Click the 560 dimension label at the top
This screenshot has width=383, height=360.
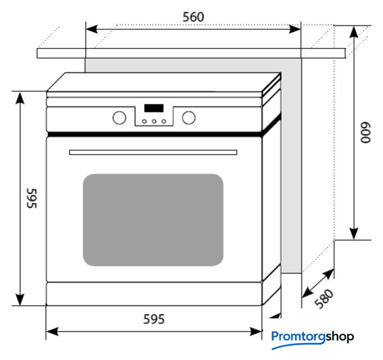click(x=193, y=17)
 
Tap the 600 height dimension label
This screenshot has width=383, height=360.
click(x=366, y=134)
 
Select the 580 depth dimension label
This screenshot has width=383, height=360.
click(x=324, y=299)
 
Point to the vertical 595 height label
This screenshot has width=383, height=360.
click(x=31, y=199)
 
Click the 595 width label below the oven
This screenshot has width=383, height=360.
click(x=153, y=319)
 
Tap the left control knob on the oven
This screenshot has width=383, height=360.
click(x=119, y=118)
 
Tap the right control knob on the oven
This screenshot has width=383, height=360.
click(x=189, y=118)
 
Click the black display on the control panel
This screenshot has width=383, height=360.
click(x=154, y=108)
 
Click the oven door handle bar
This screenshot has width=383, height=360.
click(x=153, y=152)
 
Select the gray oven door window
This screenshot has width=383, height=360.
click(x=153, y=219)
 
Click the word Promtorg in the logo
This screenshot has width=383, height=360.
click(x=298, y=337)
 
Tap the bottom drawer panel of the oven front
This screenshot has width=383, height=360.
click(x=154, y=293)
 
